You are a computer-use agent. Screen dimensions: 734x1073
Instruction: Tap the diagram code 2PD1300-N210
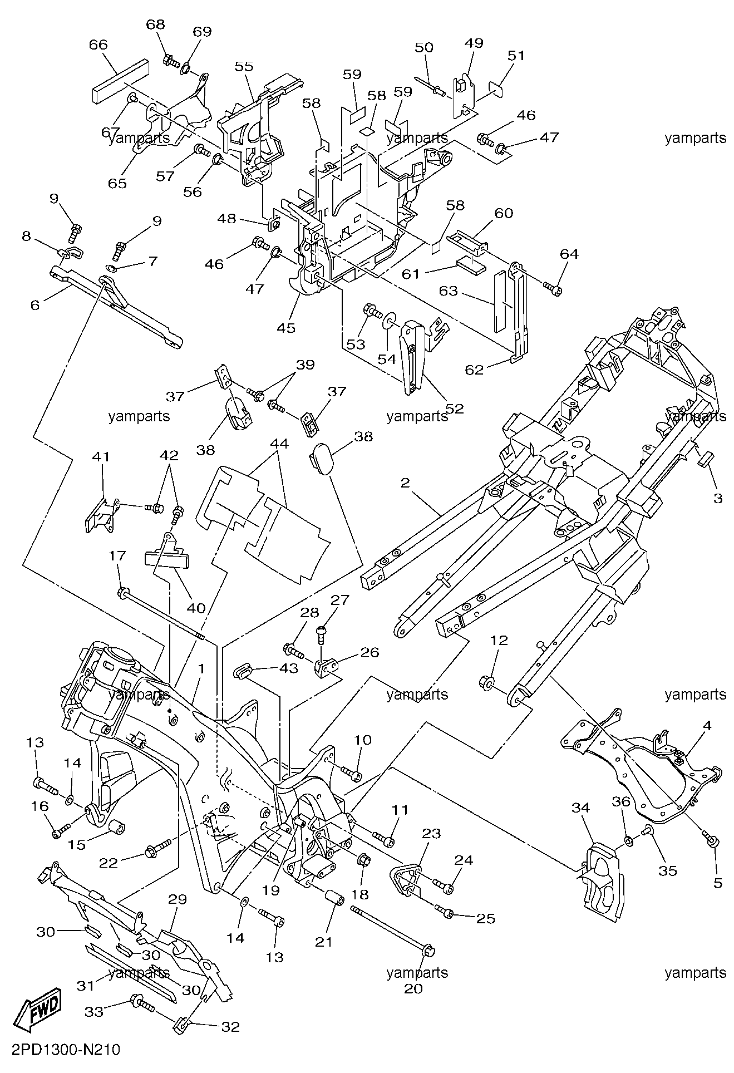click(x=61, y=1050)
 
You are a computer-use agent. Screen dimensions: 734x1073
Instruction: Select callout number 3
click(x=717, y=498)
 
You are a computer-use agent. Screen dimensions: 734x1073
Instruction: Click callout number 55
click(x=244, y=66)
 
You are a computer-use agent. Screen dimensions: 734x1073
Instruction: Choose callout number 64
click(x=569, y=254)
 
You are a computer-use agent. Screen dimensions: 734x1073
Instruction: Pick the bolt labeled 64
click(x=553, y=287)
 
